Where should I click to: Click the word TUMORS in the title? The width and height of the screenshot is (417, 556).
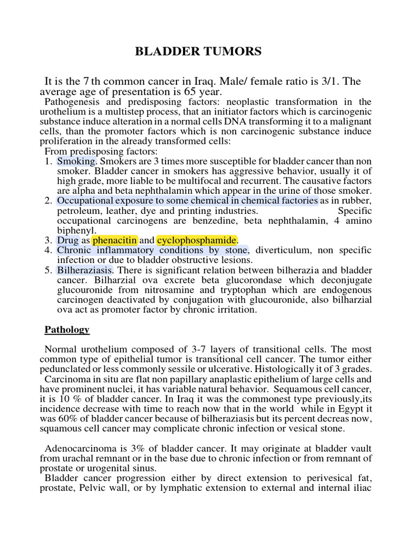point(235,52)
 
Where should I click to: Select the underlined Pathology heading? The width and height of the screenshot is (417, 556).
point(67,330)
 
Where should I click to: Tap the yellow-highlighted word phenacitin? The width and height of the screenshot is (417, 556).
point(115,241)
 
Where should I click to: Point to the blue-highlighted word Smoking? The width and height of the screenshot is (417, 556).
point(76,162)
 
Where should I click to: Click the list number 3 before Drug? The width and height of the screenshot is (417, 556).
point(48,241)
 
